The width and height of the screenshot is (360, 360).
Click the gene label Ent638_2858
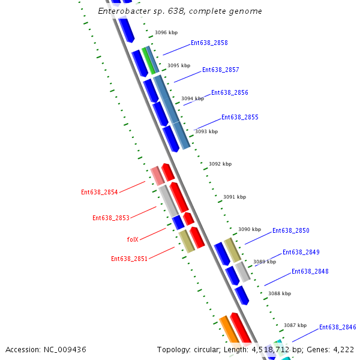point(209,43)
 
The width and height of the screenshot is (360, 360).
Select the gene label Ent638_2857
point(220,70)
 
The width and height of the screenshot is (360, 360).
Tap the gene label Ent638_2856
point(229,92)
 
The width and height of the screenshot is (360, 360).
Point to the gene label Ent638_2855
point(239,117)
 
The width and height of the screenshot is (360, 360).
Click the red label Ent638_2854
point(100,192)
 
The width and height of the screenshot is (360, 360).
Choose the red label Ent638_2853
point(110,218)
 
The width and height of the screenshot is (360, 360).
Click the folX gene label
point(133,239)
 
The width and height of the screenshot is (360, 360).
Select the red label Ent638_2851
point(129,259)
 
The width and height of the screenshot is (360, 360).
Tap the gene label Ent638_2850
point(290,230)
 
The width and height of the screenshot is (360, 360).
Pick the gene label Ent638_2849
point(301,252)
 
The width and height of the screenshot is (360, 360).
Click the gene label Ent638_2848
point(310,271)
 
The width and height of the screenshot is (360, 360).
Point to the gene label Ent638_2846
point(337,327)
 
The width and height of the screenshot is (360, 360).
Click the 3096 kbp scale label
point(166,33)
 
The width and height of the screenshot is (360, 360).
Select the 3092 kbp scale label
point(220,164)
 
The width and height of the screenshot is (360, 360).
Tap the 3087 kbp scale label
point(295,325)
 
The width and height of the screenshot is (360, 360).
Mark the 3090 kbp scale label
point(250,229)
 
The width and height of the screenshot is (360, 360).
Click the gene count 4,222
point(342,349)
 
